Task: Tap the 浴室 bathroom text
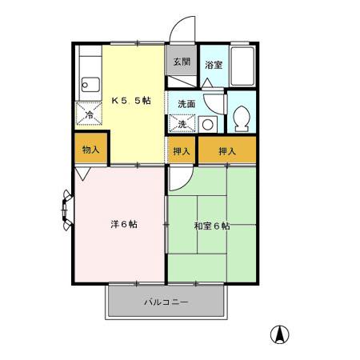(213, 65)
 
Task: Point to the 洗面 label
(186, 104)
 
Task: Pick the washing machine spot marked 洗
(182, 124)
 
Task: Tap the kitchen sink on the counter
(89, 84)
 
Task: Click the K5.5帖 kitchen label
(131, 101)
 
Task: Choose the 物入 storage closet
(90, 150)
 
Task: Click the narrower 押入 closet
(182, 150)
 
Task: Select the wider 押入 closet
(228, 150)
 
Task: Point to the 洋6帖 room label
(122, 224)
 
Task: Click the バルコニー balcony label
(166, 303)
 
